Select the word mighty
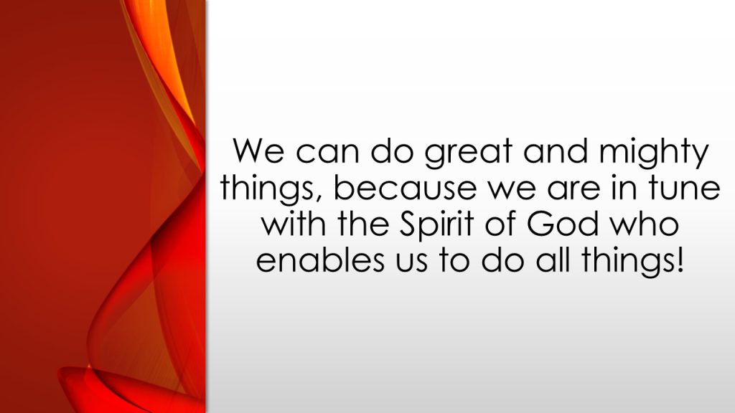coord(653,153)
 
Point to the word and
coord(556,151)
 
